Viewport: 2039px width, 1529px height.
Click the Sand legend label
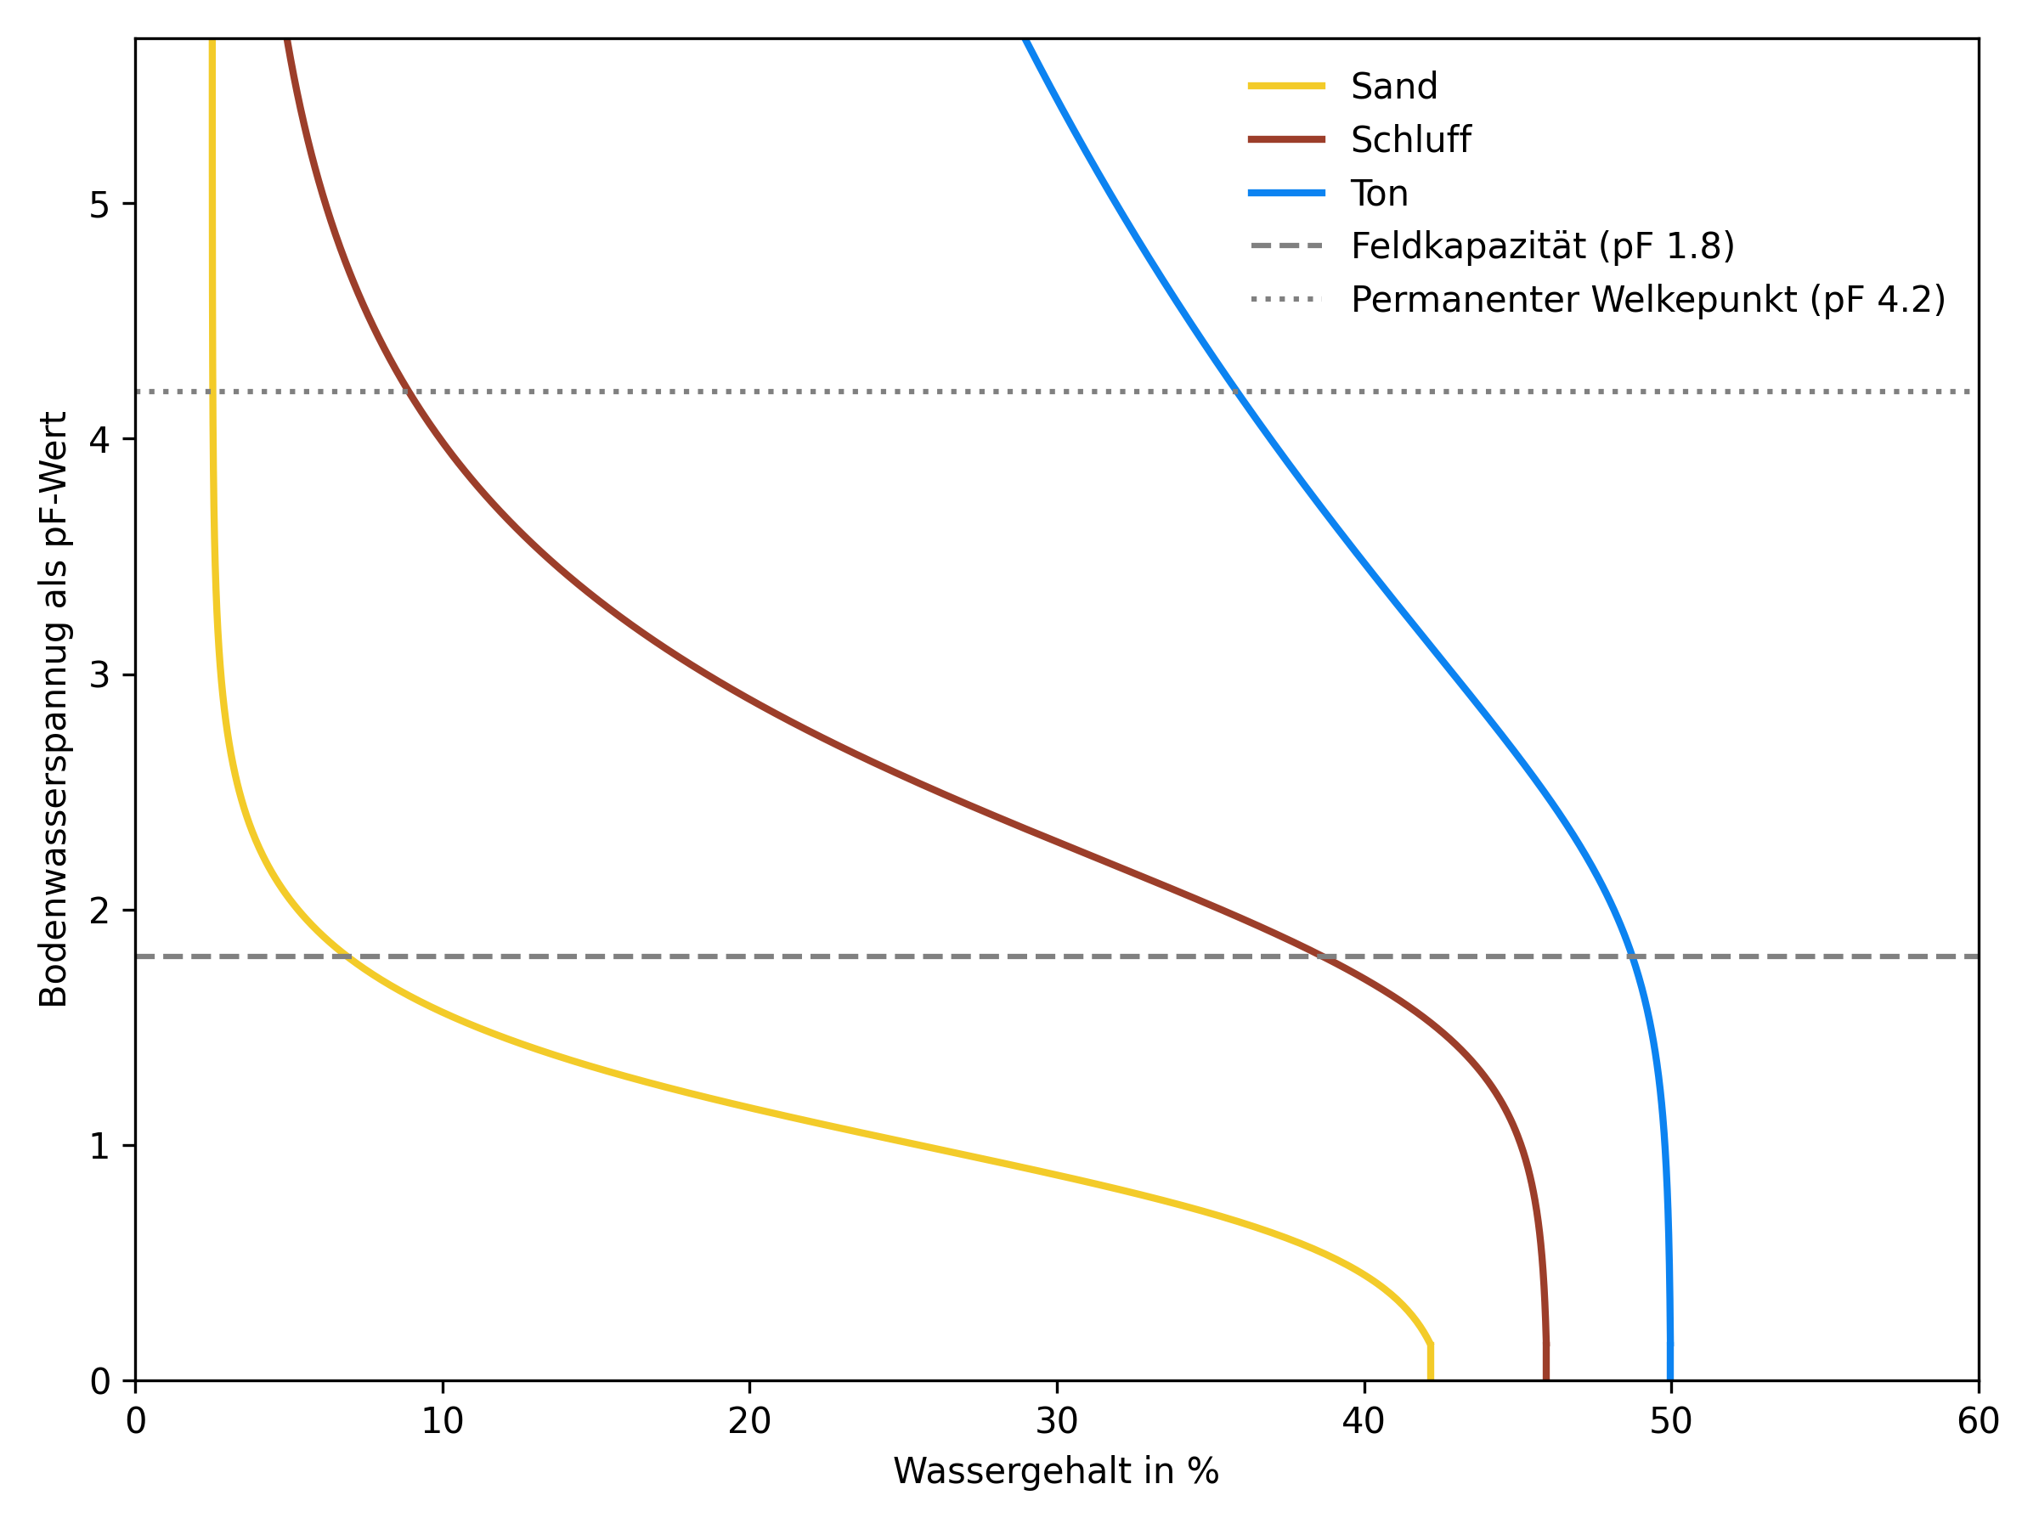(1394, 87)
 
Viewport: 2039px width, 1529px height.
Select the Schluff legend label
(1410, 140)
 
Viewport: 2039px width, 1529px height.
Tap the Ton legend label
(1379, 194)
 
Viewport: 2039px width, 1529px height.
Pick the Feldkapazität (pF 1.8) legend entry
(1542, 246)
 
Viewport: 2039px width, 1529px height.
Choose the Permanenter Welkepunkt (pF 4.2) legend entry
(1647, 300)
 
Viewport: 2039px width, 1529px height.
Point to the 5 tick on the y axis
(99, 205)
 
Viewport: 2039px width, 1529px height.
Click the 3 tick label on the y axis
(99, 675)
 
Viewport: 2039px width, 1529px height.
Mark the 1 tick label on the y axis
(99, 1147)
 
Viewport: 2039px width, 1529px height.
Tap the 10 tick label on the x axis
(443, 1422)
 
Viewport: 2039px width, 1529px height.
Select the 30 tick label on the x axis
(1056, 1422)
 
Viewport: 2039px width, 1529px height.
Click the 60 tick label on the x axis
(1978, 1422)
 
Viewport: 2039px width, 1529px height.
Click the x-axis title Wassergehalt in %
(1056, 1471)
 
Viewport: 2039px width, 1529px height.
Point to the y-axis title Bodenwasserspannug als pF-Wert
(54, 709)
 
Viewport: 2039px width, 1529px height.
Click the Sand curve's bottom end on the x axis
(1431, 1379)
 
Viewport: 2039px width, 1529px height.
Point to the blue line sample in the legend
(1287, 194)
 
